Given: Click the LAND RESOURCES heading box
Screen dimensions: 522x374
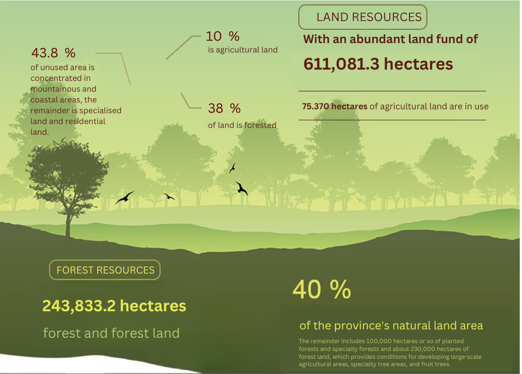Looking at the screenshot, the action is [362, 17].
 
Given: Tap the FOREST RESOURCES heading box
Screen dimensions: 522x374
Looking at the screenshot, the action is [105, 270].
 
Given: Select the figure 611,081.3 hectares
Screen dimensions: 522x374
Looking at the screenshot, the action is [378, 64].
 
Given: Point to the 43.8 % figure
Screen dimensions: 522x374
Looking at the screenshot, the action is [53, 52].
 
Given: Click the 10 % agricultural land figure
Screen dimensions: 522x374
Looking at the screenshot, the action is [222, 36].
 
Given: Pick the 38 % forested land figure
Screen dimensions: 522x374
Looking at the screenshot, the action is [224, 108].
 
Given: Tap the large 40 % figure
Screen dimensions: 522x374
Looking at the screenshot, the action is [322, 289].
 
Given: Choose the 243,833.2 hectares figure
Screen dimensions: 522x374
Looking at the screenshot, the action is [114, 305].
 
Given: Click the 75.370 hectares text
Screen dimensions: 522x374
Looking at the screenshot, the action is [334, 106].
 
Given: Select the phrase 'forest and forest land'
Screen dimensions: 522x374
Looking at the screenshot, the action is [111, 333].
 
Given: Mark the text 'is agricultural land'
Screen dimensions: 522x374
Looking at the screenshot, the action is [243, 50].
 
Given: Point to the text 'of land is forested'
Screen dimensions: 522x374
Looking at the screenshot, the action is [242, 125].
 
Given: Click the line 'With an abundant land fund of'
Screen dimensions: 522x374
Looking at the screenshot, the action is [390, 39].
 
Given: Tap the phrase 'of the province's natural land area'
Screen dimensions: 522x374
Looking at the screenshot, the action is [391, 325].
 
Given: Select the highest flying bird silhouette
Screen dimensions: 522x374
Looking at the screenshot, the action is [232, 168].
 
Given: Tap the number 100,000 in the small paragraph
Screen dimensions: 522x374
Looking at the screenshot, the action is [379, 341].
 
